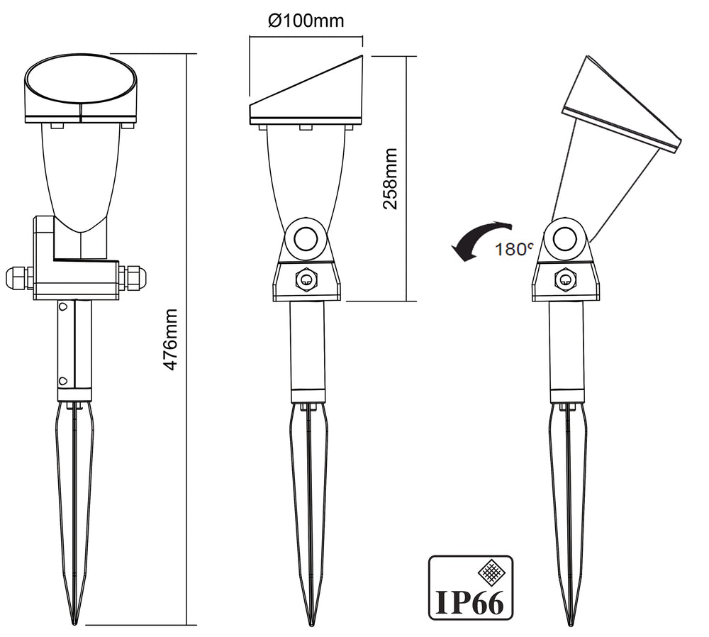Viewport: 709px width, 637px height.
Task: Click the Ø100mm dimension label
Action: point(306,21)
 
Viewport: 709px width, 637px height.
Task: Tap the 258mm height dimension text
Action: point(390,179)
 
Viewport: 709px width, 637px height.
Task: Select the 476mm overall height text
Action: point(170,339)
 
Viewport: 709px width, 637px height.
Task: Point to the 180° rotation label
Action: point(514,248)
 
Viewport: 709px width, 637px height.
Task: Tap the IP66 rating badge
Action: point(470,587)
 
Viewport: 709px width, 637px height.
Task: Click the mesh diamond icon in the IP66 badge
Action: point(491,572)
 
